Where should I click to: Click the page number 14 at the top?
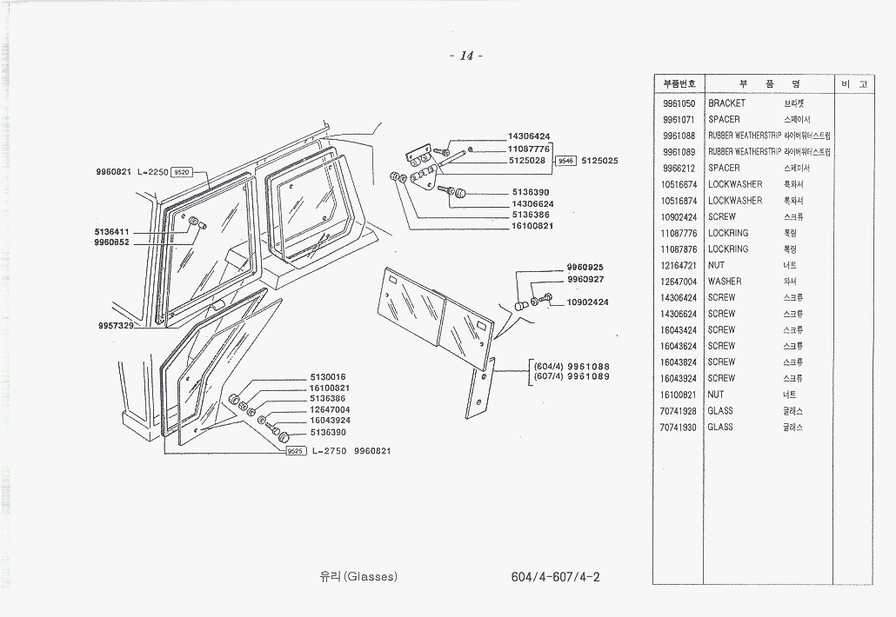(466, 56)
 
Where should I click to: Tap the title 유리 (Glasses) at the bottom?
(358, 577)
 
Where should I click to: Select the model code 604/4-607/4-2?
(556, 577)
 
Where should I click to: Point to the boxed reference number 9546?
(566, 161)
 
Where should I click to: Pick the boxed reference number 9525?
(294, 451)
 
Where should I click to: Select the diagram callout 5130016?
(330, 377)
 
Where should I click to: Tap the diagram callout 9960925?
(585, 268)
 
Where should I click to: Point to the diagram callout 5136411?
(112, 232)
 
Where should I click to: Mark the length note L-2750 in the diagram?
(330, 451)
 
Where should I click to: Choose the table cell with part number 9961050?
(679, 103)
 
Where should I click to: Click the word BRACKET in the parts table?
(726, 103)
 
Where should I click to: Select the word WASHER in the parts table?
(725, 282)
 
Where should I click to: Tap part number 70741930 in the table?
(679, 428)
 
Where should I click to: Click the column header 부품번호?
(679, 84)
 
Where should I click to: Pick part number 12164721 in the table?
(679, 265)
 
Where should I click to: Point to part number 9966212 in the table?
(679, 168)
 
